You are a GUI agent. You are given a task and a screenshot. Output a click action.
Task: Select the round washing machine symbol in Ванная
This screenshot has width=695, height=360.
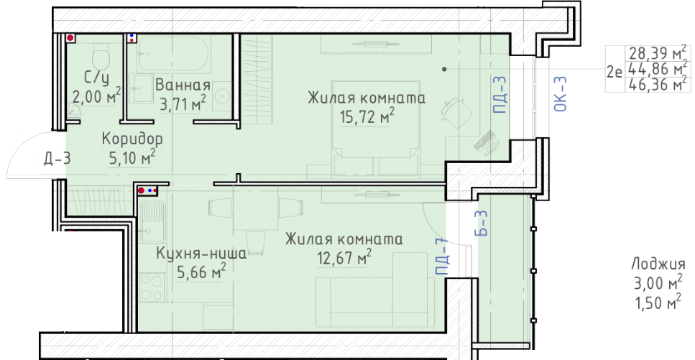pyautogui.click(x=221, y=96)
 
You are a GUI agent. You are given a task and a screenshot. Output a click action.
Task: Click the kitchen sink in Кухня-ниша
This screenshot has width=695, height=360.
pyautogui.click(x=153, y=221)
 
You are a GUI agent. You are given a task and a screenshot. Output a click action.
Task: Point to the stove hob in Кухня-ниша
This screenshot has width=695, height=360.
pyautogui.click(x=152, y=287)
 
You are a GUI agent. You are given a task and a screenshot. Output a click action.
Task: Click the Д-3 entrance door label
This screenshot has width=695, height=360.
pyautogui.click(x=57, y=158)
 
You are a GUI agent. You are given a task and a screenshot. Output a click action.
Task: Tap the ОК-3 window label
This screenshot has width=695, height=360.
pyautogui.click(x=561, y=93)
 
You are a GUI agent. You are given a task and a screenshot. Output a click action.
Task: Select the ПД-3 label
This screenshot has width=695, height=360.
pyautogui.click(x=499, y=94)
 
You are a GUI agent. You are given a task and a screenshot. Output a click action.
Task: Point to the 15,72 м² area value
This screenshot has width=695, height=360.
pyautogui.click(x=367, y=117)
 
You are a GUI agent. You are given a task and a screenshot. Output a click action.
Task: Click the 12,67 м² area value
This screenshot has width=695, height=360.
pyautogui.click(x=344, y=257)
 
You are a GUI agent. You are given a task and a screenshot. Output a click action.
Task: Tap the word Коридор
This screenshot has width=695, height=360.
pyautogui.click(x=132, y=139)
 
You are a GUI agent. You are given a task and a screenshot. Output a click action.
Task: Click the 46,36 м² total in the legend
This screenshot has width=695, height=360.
pyautogui.click(x=658, y=84)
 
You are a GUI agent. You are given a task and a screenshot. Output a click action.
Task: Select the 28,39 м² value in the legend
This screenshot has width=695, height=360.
pyautogui.click(x=658, y=53)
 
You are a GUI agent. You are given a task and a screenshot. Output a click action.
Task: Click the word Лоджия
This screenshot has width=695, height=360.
pyautogui.click(x=658, y=264)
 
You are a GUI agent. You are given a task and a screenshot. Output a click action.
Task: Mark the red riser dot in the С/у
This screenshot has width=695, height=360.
pyautogui.click(x=70, y=39)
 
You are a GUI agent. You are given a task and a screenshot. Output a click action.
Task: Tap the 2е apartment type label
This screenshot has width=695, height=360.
pyautogui.click(x=615, y=72)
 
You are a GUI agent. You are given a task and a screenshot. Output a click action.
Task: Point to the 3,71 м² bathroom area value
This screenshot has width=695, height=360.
pyautogui.click(x=183, y=103)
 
